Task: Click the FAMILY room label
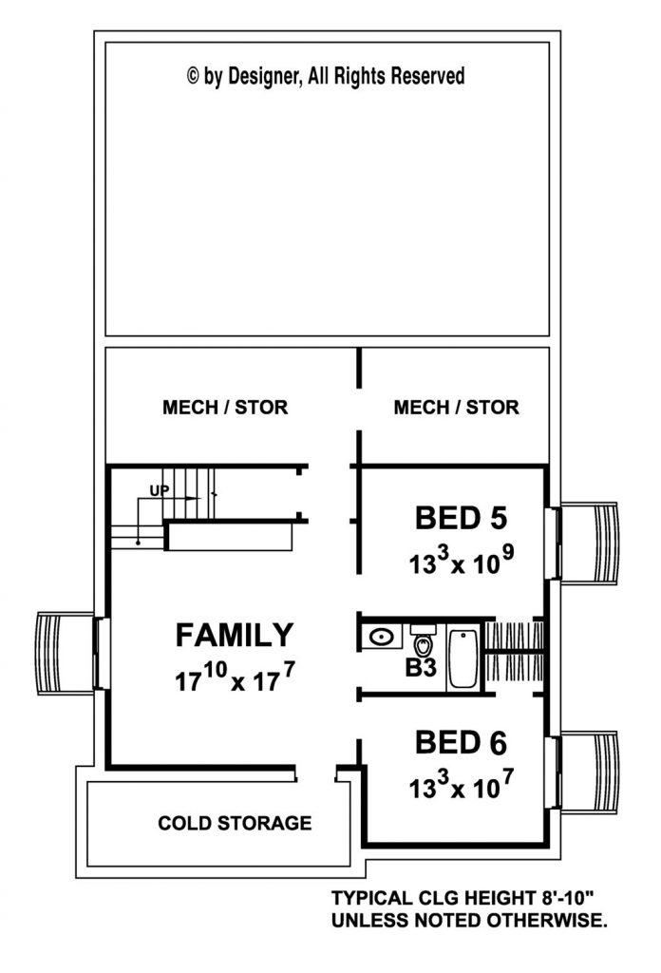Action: pos(235,635)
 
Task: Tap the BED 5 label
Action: pos(461,518)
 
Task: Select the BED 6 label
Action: pos(461,743)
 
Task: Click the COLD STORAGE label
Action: pos(235,823)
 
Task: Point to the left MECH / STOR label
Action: pos(225,407)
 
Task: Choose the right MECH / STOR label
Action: pos(457,407)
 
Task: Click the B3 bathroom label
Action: pos(421,668)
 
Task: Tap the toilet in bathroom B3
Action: pos(423,641)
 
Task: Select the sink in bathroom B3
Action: pos(380,637)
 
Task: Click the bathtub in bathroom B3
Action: pos(463,658)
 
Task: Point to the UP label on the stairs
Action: pos(160,491)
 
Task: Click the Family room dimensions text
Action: pos(235,677)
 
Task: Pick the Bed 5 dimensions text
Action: pos(461,561)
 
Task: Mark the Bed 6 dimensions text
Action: pos(461,785)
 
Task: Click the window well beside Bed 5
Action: pos(589,543)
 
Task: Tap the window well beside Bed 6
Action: pos(589,772)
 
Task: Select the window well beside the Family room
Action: pos(66,654)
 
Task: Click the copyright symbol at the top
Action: pos(193,76)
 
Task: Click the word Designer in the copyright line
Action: pos(264,77)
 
